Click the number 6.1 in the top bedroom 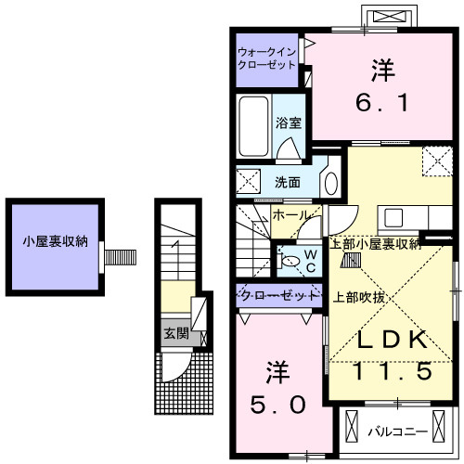[380, 103]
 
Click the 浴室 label [288, 122]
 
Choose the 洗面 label [287, 182]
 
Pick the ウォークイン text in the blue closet [267, 52]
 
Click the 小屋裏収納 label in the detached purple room [56, 242]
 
